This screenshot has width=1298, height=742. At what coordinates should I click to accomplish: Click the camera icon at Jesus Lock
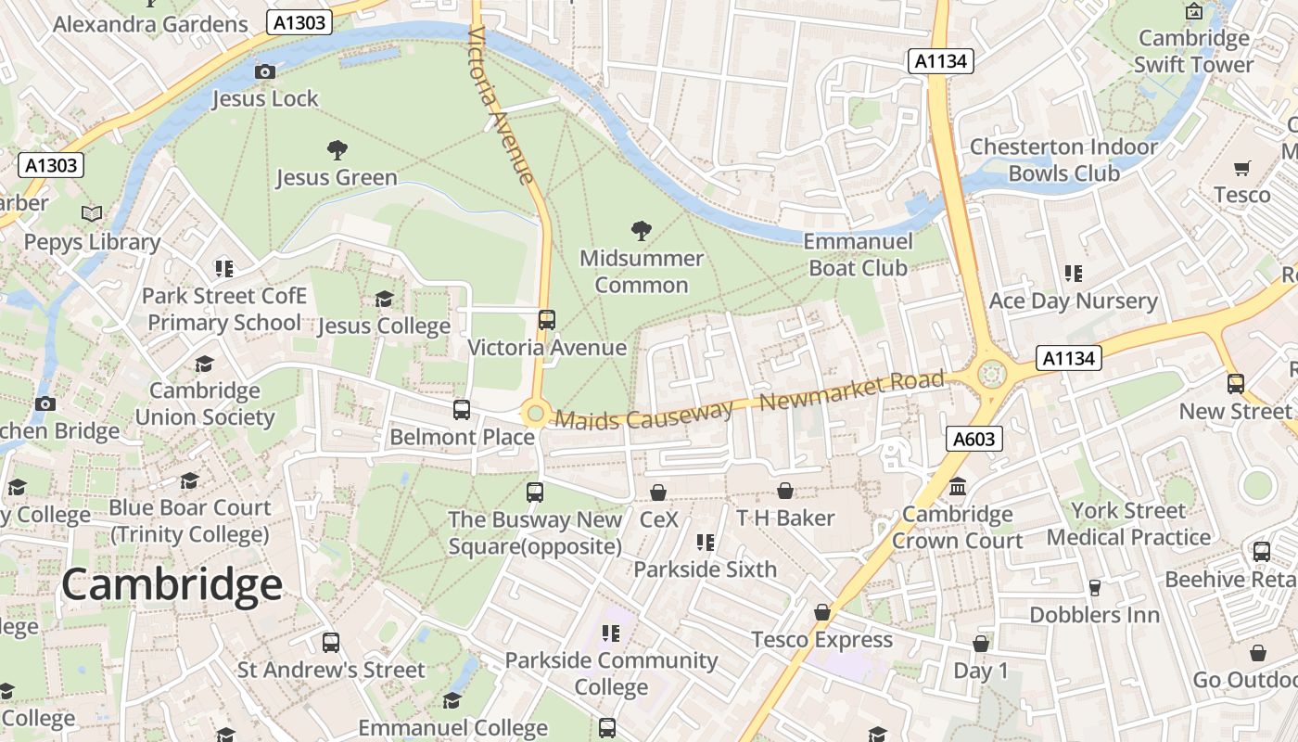264,71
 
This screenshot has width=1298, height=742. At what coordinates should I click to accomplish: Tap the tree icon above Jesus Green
337,149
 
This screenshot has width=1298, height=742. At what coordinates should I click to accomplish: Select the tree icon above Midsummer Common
641,231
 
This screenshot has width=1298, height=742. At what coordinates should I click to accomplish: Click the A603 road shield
974,439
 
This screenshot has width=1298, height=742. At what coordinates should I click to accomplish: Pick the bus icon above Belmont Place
461,409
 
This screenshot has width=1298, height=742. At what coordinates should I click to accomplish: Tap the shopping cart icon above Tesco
1241,168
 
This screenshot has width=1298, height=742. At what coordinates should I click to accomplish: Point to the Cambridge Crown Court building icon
958,487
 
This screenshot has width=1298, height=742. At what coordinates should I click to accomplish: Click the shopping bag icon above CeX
658,492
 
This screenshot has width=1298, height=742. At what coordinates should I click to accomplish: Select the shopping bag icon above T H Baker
784,491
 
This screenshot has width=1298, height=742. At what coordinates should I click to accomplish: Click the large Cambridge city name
172,585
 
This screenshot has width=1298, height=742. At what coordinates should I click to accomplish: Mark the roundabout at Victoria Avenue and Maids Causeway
534,413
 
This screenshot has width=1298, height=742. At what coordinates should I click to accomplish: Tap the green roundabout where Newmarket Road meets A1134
992,374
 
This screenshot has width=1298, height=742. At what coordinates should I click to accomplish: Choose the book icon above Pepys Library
92,214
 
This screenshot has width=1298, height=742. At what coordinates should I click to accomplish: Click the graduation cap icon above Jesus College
384,299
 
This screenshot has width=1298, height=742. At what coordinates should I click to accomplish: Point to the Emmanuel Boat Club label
858,254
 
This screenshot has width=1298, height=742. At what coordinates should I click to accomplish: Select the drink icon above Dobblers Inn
1094,587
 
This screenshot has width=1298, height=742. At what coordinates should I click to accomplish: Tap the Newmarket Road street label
852,391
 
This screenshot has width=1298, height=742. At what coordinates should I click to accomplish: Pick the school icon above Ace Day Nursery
1074,274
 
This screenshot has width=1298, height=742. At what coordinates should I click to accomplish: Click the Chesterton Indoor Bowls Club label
1063,160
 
